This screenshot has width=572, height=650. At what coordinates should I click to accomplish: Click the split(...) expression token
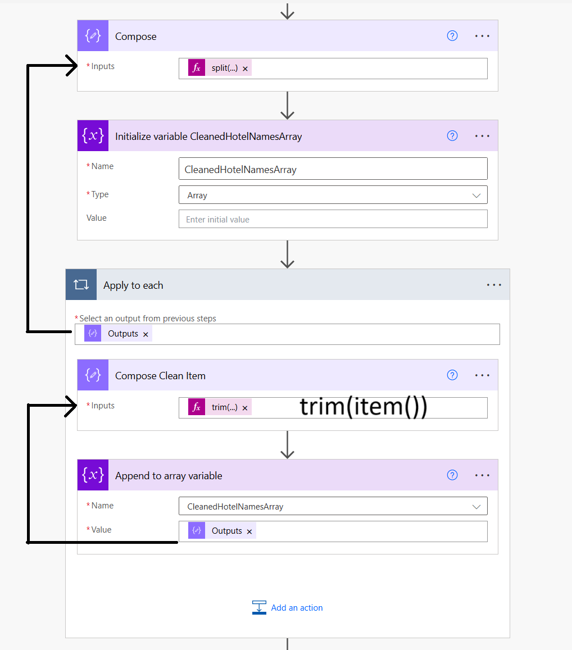(224, 68)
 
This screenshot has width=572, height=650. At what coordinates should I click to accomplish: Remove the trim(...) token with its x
(245, 408)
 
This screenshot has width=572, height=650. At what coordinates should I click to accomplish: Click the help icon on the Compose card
(452, 36)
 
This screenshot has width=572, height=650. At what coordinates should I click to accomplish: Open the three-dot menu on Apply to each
(494, 285)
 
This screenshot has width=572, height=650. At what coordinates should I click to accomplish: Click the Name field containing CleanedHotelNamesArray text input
(333, 169)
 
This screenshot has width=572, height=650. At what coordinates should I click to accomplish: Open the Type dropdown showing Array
(333, 195)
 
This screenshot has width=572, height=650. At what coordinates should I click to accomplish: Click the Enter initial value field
(333, 219)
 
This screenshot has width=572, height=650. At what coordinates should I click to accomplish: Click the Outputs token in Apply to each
(122, 334)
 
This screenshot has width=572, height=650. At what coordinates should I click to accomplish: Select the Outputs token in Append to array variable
(226, 531)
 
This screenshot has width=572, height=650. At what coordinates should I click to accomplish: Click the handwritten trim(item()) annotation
(364, 407)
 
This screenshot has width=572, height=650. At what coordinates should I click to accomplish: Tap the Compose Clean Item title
(160, 376)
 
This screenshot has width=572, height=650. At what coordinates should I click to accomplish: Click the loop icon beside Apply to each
(81, 285)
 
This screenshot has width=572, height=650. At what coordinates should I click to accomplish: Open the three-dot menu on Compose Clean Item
(482, 375)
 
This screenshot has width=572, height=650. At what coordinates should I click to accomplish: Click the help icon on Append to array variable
(452, 475)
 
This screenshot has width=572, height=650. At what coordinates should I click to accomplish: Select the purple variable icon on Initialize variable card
(93, 136)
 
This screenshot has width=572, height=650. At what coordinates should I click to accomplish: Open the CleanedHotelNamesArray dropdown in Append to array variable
(333, 506)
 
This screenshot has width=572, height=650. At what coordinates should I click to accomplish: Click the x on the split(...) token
(245, 69)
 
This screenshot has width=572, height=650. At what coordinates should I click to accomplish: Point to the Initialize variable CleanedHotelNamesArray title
(208, 137)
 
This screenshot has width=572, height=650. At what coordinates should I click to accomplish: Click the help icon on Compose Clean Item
(452, 375)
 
